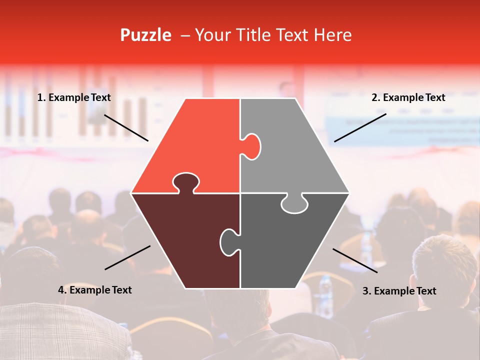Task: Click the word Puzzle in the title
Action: pos(145,35)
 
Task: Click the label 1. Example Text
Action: pos(74,98)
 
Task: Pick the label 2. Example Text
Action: pos(408,98)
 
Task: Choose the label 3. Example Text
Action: pos(399,291)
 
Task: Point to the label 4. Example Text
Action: pos(95,290)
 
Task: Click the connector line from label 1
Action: pos(126,127)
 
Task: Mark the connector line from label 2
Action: pos(360,127)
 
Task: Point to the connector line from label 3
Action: pos(355,260)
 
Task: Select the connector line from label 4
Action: pos(127,257)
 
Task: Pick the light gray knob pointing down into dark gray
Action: pos(294,204)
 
